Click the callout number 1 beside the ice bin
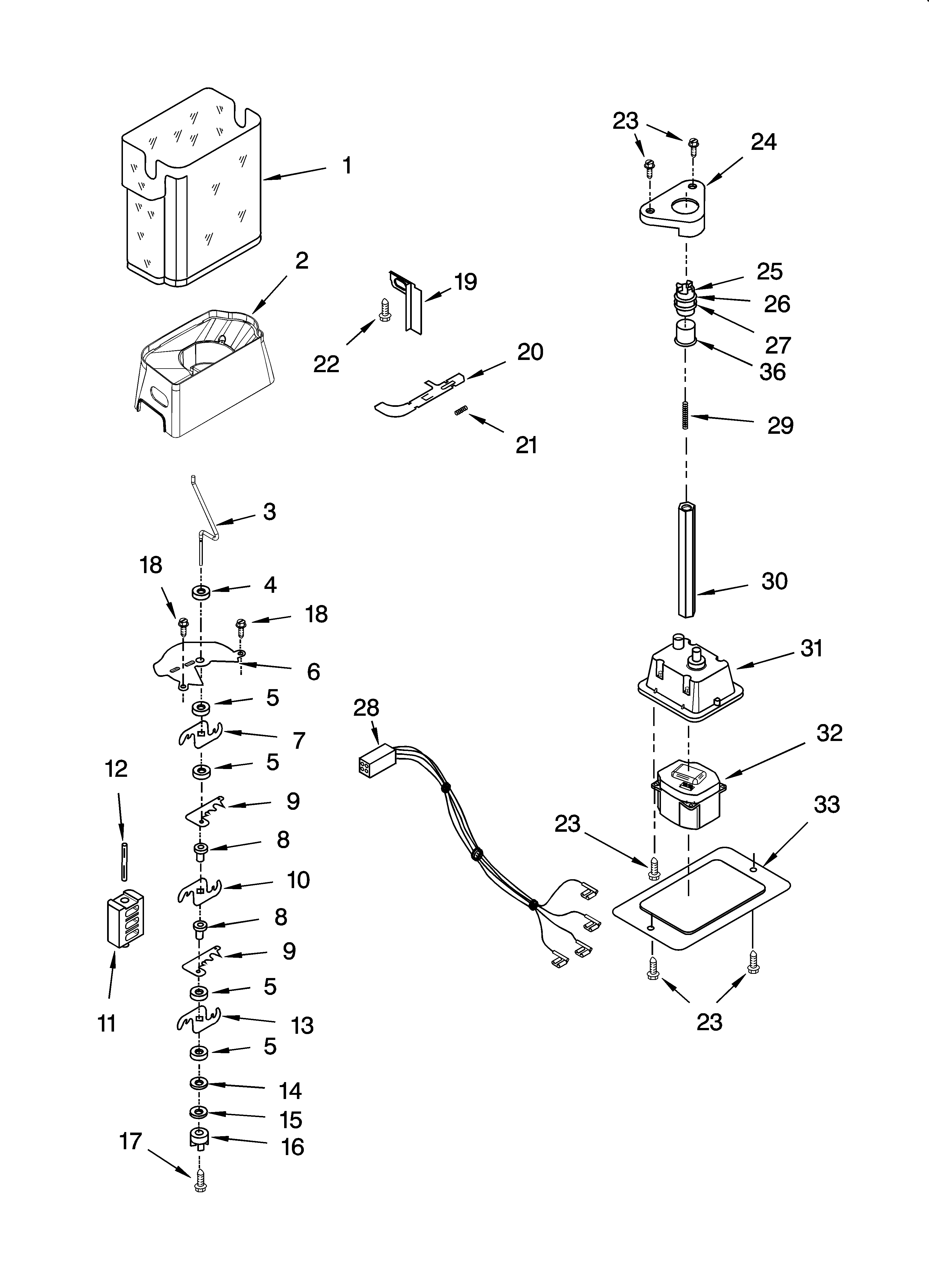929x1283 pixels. click(x=347, y=166)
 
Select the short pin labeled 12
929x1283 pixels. click(x=123, y=860)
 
